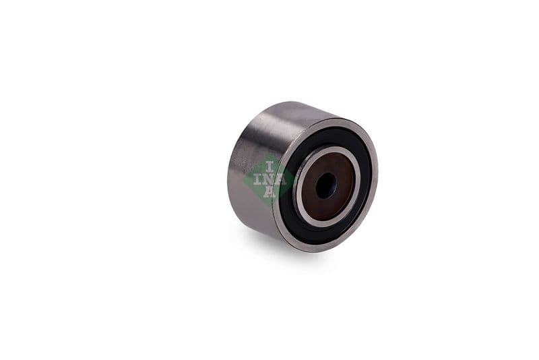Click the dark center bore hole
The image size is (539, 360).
point(326,185)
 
